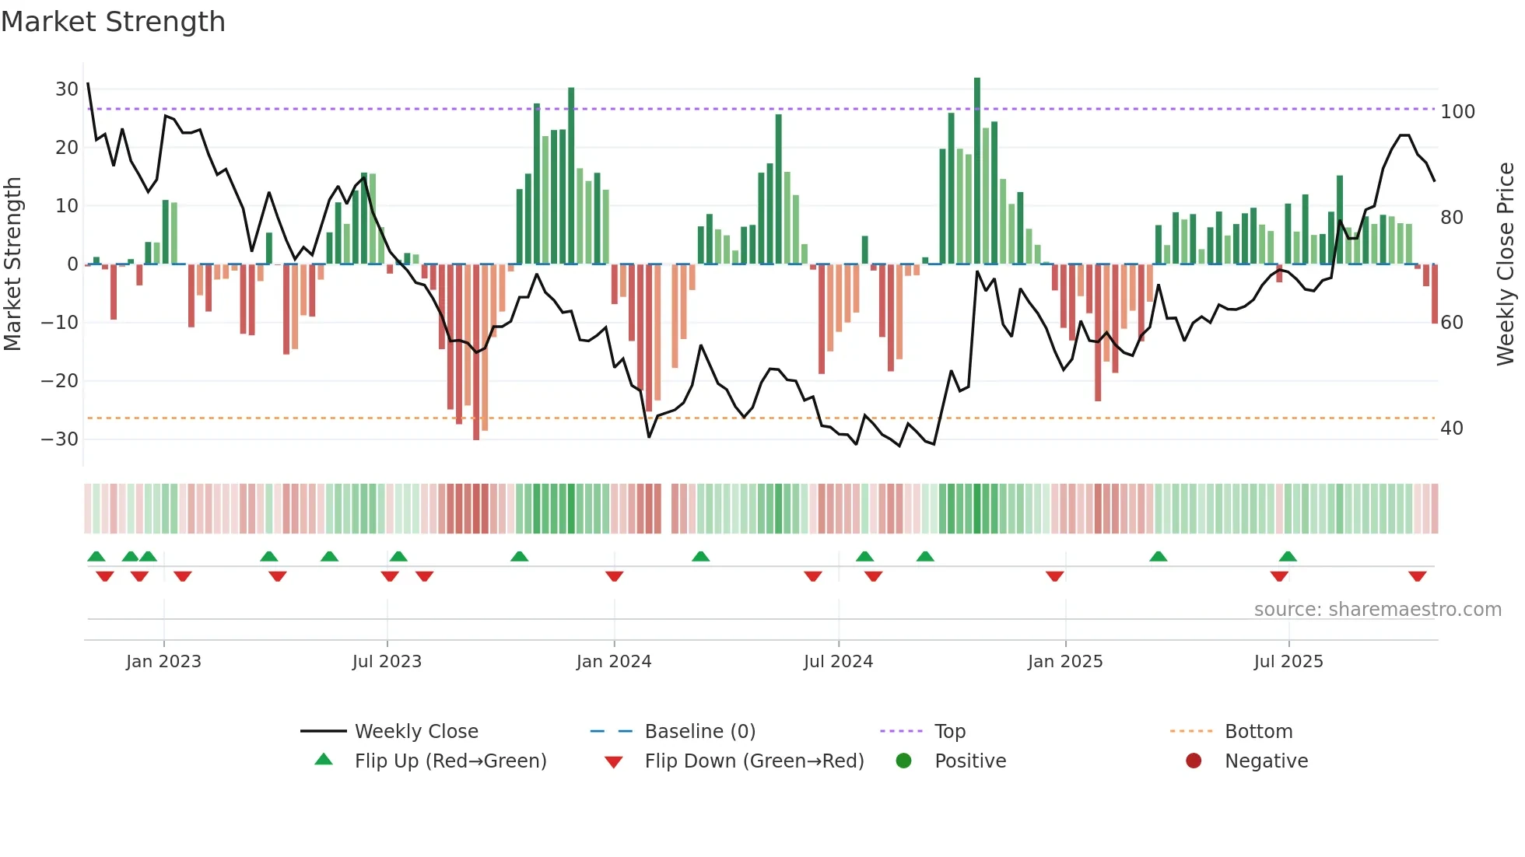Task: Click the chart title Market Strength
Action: coord(113,22)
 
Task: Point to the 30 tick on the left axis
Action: coord(66,89)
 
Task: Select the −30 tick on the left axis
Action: coord(60,439)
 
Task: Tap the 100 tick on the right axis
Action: coord(1457,112)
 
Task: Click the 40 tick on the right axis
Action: coord(1451,428)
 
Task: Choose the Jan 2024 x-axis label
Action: coord(614,662)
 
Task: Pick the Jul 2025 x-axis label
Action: coord(1288,662)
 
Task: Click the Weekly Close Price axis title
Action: coord(1506,264)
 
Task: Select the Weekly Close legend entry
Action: coord(416,732)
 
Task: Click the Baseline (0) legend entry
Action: coord(699,732)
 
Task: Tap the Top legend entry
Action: coord(950,732)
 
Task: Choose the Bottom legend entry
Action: coord(1258,732)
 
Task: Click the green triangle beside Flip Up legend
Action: coord(324,760)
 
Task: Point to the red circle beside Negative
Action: coord(1194,761)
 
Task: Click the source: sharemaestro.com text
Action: coord(1377,610)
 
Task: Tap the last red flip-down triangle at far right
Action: coord(1417,576)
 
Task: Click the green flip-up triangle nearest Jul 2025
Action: coord(1288,556)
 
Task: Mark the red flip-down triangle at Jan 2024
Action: coord(614,576)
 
